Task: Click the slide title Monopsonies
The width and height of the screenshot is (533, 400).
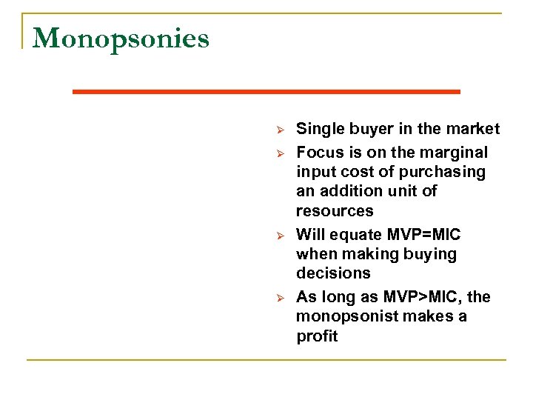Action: click(121, 39)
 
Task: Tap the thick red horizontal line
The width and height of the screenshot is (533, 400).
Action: click(266, 91)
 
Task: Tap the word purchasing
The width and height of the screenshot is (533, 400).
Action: click(443, 173)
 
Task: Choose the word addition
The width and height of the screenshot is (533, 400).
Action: click(354, 191)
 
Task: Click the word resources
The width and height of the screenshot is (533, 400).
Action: click(335, 211)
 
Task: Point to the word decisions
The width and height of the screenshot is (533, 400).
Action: click(333, 273)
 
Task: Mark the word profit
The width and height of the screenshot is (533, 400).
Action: click(317, 336)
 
